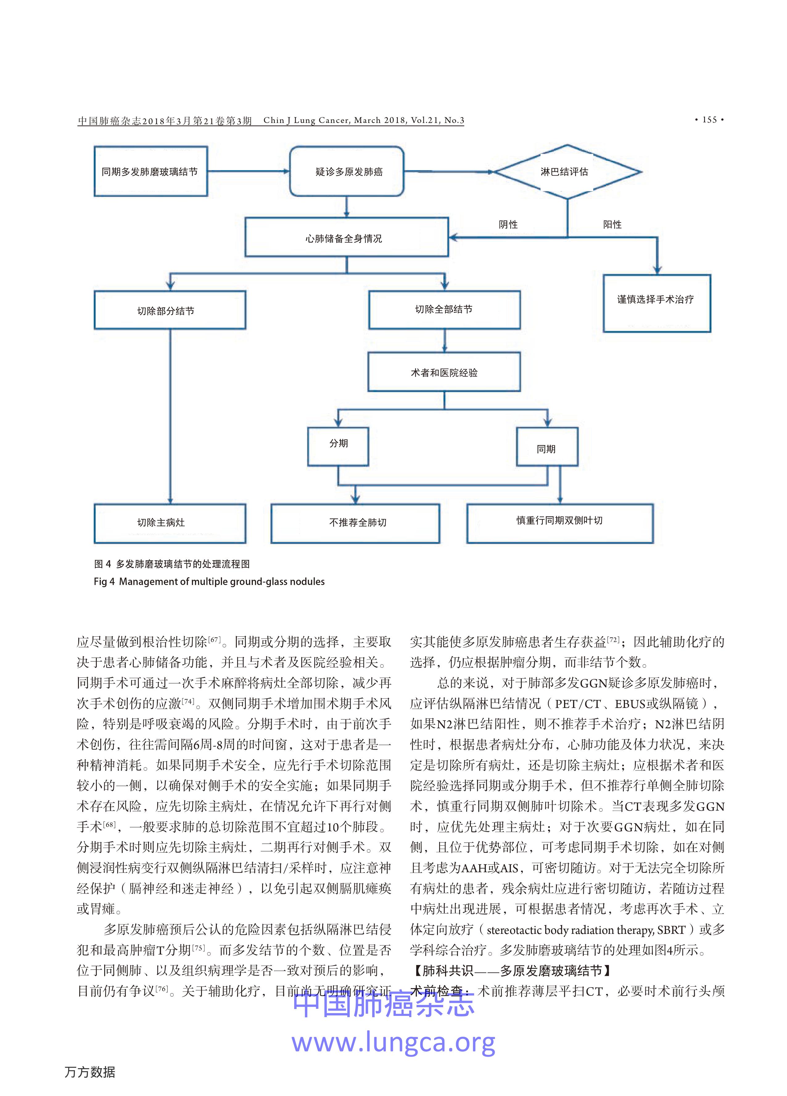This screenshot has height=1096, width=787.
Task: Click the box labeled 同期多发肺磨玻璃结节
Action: coord(150,172)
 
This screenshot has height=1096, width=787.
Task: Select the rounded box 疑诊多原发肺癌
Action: coord(347,172)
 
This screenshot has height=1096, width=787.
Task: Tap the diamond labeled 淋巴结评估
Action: coord(567,172)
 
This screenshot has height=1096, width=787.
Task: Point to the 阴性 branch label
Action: coord(508,224)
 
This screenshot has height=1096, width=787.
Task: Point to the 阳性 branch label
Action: coord(612,224)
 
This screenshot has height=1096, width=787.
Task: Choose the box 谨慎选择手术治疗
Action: coord(657,303)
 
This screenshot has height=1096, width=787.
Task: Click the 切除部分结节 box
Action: coord(170,310)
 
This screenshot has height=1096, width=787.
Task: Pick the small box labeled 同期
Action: coord(547,448)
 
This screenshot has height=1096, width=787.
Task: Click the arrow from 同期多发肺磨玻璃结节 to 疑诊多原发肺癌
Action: coord(248,171)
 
